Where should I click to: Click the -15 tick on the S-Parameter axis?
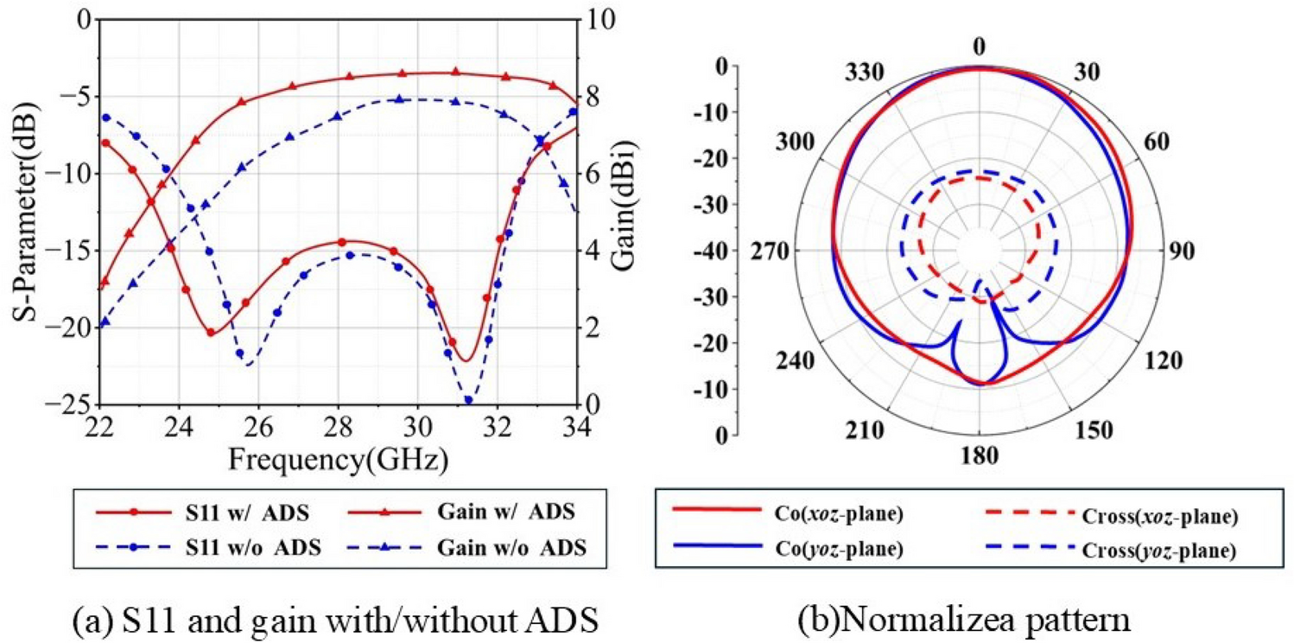[68, 251]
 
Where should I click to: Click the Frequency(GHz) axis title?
[338, 460]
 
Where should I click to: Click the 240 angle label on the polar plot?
[792, 360]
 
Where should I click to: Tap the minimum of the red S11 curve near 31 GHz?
[465, 361]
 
